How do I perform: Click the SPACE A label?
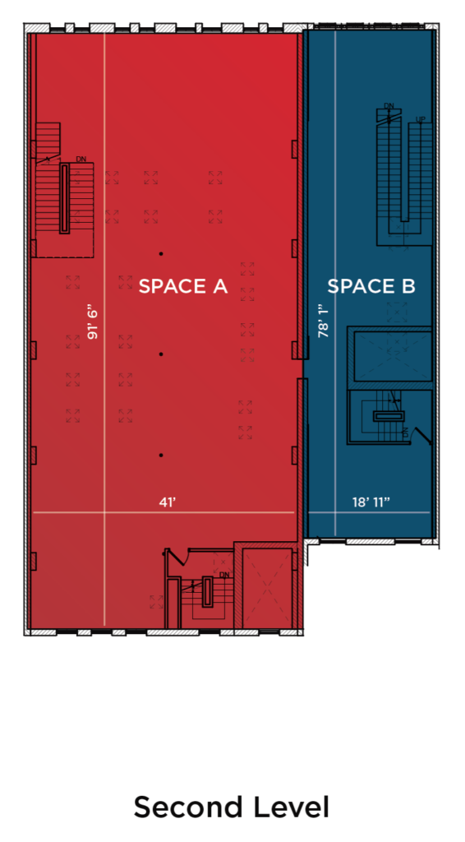[183, 286]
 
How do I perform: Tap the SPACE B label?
[371, 286]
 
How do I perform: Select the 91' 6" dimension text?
[94, 323]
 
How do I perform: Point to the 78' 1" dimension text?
[323, 322]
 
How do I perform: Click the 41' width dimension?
[168, 502]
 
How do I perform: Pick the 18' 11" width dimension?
[371, 502]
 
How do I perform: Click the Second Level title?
[231, 807]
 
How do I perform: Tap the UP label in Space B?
[421, 120]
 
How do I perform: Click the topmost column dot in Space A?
[161, 253]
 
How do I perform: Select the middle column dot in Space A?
[161, 354]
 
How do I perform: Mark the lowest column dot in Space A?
[161, 456]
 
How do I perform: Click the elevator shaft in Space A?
[266, 588]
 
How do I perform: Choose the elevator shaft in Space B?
[393, 355]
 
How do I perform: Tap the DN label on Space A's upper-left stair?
[81, 159]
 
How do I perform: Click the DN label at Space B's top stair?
[389, 106]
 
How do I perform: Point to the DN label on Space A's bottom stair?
[225, 575]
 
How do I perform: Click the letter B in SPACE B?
[408, 286]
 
